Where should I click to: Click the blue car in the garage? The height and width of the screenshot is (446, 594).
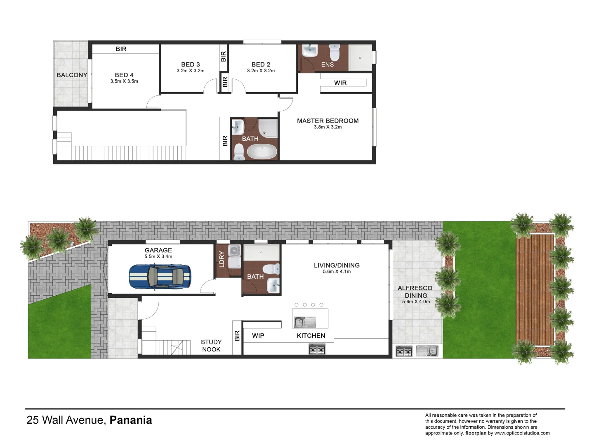coord(160,276)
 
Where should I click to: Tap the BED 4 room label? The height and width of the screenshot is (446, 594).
coord(124,75)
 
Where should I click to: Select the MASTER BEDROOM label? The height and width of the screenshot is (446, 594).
coord(328,121)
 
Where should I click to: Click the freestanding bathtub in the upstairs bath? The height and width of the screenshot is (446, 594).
coord(262,152)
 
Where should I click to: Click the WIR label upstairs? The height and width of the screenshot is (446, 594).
coord(340,83)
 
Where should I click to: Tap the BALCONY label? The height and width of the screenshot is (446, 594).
coord(72,75)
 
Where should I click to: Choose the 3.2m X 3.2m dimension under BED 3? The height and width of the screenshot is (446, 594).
coord(191,71)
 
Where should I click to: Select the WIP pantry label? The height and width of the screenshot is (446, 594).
coord(258,335)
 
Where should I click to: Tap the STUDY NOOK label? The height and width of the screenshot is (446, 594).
coord(211,346)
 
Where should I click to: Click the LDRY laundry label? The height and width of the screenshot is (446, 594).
coord(222,259)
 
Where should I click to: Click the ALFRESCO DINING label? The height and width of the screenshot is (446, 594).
coord(415,292)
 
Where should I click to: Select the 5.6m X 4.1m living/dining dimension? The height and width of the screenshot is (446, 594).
coord(337,272)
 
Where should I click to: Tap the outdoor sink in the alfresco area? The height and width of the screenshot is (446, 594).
coord(427,351)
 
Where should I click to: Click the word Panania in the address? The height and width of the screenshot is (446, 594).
coord(131,420)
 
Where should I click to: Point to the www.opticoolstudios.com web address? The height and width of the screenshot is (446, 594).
coord(522,433)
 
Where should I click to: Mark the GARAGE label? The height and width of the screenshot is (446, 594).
coord(158,250)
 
